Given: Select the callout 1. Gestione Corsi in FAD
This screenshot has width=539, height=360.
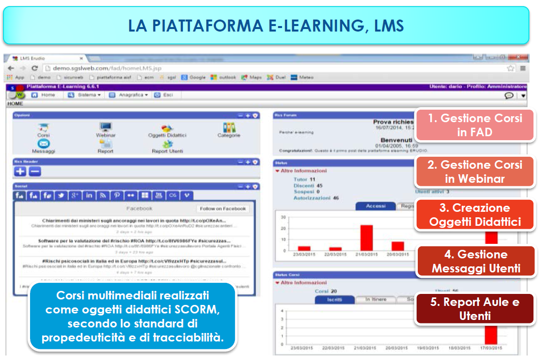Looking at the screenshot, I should click(x=474, y=125).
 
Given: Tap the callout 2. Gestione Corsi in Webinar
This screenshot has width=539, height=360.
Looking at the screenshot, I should click(x=474, y=171).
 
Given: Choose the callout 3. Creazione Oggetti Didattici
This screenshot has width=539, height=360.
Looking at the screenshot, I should click(x=474, y=215).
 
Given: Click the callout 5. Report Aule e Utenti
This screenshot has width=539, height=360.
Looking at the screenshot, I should click(x=474, y=308).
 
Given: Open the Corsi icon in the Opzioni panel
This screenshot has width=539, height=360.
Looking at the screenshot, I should click(x=44, y=128).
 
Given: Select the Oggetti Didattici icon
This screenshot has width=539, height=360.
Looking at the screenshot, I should click(x=167, y=129).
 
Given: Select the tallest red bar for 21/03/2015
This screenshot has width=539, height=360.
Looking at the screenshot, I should click(x=367, y=237).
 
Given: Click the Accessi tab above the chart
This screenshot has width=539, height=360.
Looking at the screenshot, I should click(x=375, y=206).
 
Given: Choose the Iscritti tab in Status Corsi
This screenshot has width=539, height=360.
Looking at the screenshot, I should click(x=335, y=299).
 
